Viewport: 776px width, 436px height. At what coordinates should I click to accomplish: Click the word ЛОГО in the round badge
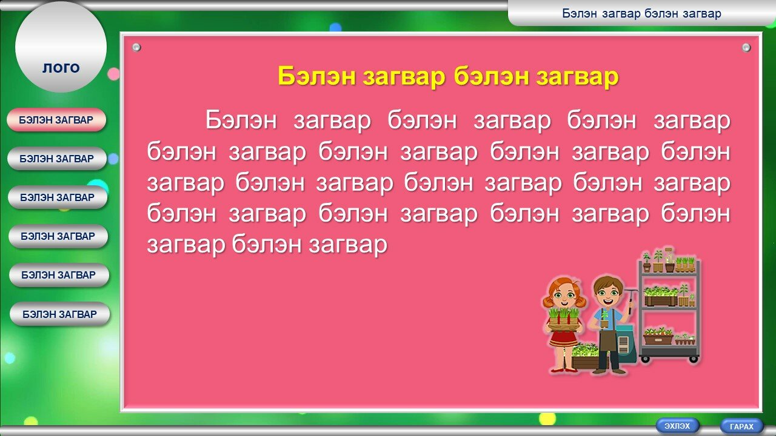pyautogui.click(x=61, y=68)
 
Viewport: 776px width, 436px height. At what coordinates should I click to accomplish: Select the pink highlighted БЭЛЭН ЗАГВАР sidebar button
pyautogui.click(x=56, y=120)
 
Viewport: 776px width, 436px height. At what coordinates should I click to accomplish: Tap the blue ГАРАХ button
pyautogui.click(x=741, y=426)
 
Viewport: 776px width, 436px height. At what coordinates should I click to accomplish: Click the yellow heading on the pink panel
pyautogui.click(x=448, y=76)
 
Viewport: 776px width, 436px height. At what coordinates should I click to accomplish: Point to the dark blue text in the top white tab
pyautogui.click(x=641, y=13)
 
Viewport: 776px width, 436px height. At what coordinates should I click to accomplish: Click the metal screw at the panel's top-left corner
pyautogui.click(x=136, y=47)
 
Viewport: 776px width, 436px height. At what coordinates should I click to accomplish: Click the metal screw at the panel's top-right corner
pyautogui.click(x=746, y=47)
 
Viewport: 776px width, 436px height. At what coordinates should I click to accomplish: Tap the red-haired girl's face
pyautogui.click(x=564, y=295)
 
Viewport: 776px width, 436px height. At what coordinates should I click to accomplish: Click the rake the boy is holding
pyautogui.click(x=630, y=299)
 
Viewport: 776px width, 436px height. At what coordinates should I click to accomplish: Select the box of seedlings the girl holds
pyautogui.click(x=564, y=321)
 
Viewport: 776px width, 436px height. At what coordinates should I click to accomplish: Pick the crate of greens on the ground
pyautogui.click(x=586, y=357)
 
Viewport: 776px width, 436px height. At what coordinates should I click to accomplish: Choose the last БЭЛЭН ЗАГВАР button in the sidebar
pyautogui.click(x=60, y=314)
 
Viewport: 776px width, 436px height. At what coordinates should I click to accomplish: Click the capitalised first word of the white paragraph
pyautogui.click(x=241, y=120)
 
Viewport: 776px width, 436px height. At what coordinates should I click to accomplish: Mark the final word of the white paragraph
pyautogui.click(x=348, y=245)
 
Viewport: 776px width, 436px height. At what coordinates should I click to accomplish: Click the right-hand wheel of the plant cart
pyautogui.click(x=694, y=359)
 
